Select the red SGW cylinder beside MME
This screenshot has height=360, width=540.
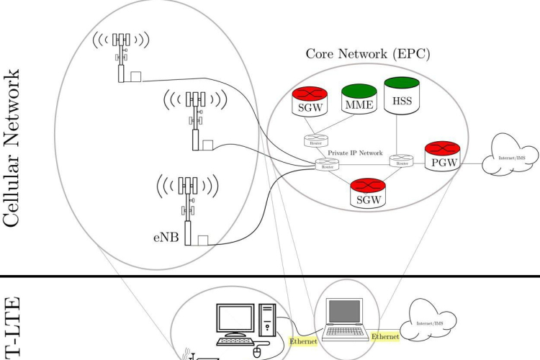(x=312, y=104)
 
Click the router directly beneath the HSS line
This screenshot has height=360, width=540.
(x=402, y=162)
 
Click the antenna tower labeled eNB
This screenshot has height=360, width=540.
(x=189, y=209)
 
